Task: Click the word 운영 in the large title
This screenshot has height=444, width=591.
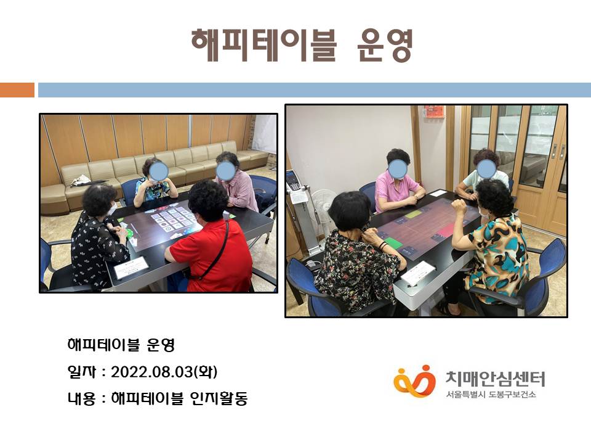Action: [384, 45]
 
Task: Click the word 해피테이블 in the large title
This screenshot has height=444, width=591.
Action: [264, 45]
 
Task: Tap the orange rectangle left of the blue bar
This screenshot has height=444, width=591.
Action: [17, 90]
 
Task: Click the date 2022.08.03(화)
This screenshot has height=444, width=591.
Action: [164, 372]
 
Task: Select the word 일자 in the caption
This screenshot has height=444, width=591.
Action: [81, 372]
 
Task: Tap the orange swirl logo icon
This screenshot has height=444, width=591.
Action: [414, 380]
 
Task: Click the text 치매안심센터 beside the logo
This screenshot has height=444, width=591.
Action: [495, 378]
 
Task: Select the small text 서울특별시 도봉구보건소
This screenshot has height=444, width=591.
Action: [491, 395]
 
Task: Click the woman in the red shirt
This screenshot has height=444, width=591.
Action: [209, 242]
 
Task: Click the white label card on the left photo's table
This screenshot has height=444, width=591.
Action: [131, 267]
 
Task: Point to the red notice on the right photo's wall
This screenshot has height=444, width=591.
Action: [434, 112]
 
